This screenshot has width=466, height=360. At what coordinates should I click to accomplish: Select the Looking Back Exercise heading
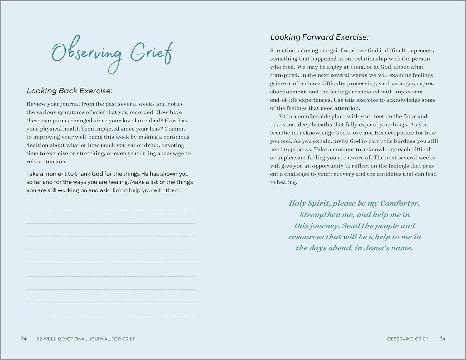(x=69, y=91)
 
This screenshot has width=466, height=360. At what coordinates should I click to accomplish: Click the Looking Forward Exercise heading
(x=319, y=37)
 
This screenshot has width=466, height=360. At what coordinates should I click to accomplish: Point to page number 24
(x=24, y=339)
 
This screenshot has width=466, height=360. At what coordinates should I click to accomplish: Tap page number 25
(x=442, y=339)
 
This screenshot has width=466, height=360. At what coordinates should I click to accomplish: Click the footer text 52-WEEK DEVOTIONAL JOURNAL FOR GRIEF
(x=86, y=339)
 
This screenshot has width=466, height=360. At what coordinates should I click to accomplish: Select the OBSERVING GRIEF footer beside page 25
(x=407, y=339)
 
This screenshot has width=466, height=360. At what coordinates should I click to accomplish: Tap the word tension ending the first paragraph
(x=56, y=162)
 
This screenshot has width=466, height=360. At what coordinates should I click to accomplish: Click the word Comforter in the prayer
(x=400, y=203)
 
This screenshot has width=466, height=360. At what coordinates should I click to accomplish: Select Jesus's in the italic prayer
(x=377, y=248)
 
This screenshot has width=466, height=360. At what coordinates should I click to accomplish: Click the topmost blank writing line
(x=111, y=210)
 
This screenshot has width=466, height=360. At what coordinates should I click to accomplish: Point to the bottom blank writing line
(x=111, y=316)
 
